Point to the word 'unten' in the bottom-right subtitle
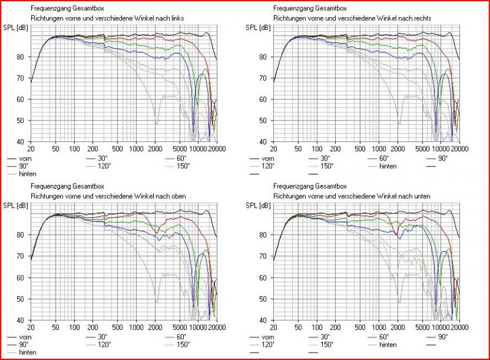423,196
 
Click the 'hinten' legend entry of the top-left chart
28,174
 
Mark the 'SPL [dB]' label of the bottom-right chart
257,205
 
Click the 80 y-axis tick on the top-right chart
265,57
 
